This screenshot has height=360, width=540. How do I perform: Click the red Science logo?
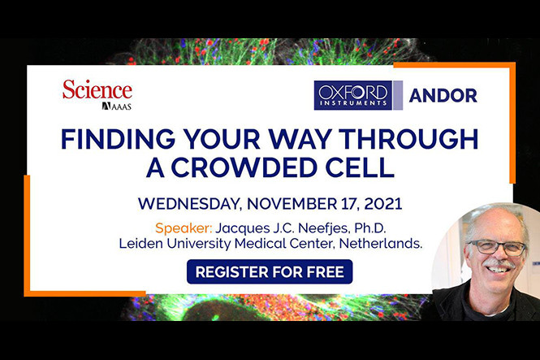tap(97, 89)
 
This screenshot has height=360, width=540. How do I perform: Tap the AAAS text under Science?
tap(117, 106)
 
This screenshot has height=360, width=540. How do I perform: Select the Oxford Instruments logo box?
tap(352, 95)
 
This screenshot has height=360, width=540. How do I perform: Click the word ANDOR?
tap(443, 95)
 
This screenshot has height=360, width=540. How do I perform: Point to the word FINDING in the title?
tap(114, 139)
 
